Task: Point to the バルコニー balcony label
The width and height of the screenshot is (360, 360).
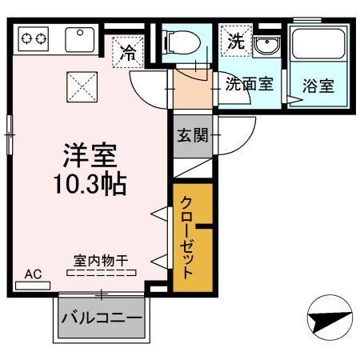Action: click(x=103, y=318)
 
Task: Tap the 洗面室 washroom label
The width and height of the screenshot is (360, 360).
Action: click(x=248, y=82)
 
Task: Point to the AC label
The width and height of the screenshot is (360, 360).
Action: click(x=32, y=274)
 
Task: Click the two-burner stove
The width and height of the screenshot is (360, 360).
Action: click(x=33, y=37)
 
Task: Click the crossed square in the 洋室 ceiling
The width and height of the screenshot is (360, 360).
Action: click(x=81, y=83)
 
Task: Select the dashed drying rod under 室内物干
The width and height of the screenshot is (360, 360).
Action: click(x=101, y=274)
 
